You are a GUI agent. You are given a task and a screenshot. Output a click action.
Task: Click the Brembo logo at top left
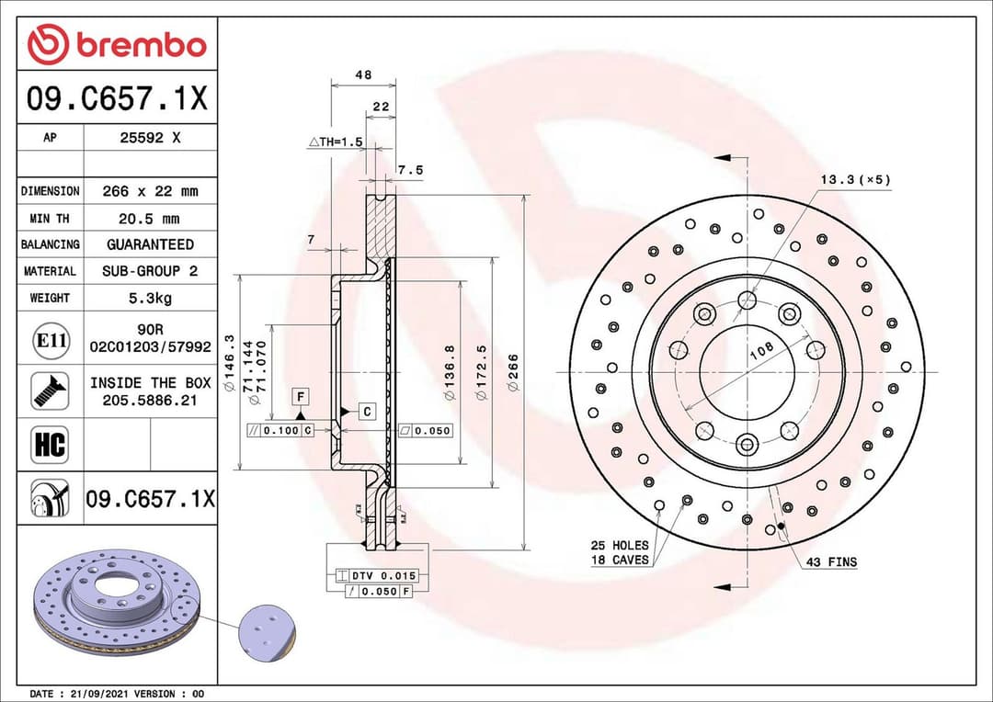tap(117, 44)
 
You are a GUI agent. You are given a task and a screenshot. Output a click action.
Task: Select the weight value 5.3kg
tap(150, 298)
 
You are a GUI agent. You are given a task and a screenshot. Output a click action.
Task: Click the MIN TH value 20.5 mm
tap(150, 219)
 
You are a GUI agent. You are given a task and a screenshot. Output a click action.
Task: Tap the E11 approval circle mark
tap(50, 340)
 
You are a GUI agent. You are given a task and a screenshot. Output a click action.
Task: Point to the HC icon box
tap(50, 446)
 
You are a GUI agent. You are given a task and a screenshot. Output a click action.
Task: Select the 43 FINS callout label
tap(830, 561)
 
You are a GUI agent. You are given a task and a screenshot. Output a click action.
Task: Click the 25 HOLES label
tap(619, 545)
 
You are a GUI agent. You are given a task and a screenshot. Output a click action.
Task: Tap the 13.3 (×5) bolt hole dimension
tap(854, 179)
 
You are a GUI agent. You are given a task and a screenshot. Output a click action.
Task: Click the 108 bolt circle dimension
tap(760, 350)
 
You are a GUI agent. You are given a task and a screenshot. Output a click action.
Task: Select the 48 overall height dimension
tap(363, 75)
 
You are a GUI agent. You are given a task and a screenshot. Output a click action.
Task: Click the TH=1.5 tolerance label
tap(337, 142)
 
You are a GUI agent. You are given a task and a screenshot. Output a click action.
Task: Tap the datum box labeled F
tap(300, 396)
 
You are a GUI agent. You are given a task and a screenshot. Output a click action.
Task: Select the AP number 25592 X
tap(150, 138)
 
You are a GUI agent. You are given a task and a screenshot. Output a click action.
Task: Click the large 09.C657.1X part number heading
tap(117, 98)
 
